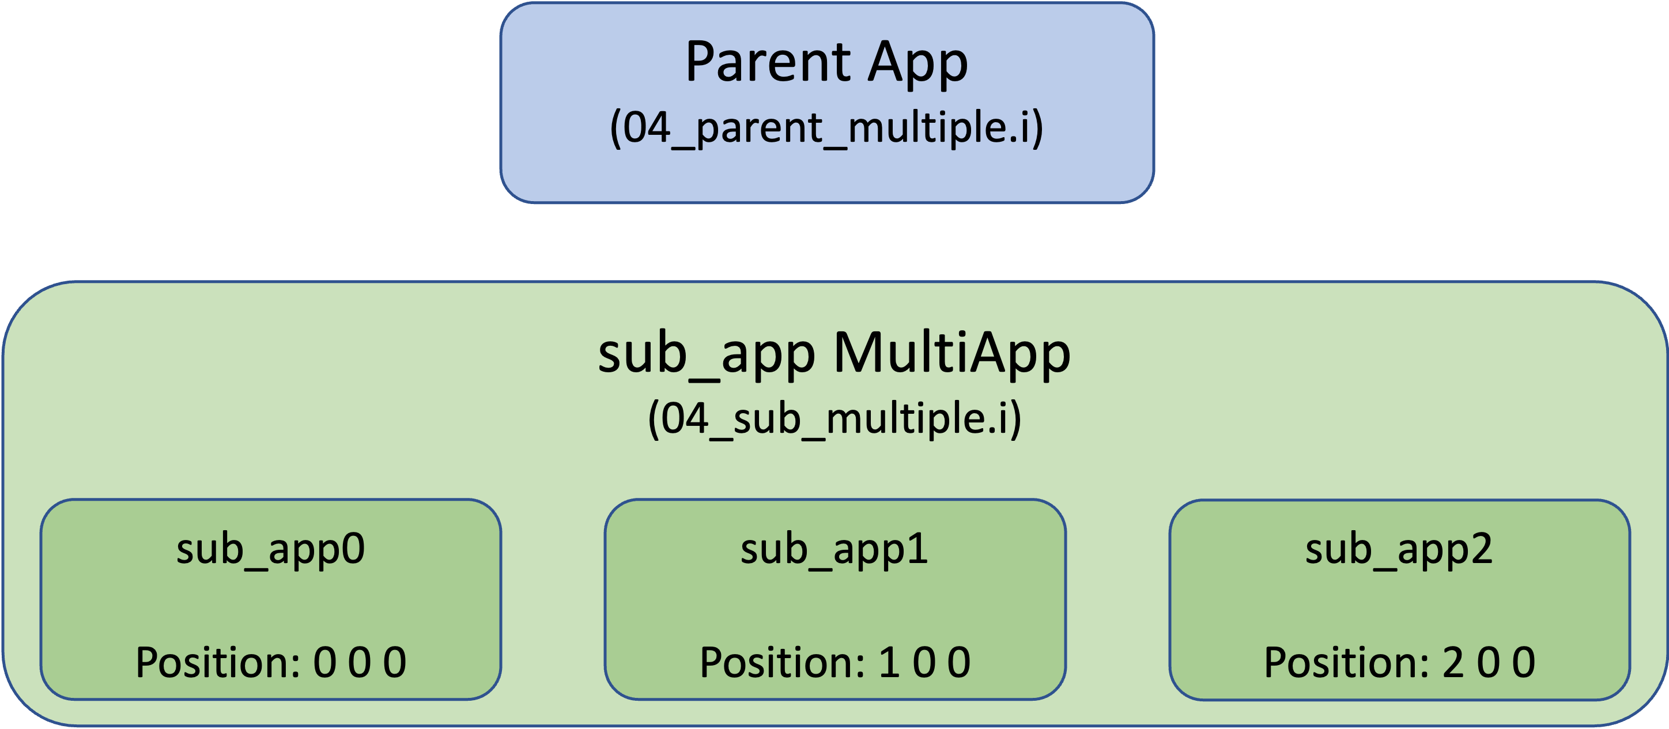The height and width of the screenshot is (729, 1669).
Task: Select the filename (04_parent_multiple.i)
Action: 827,128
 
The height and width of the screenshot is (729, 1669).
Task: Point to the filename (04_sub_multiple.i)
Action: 834,418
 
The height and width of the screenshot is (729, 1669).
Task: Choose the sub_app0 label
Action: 271,550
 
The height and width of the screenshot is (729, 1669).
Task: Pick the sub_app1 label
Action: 834,550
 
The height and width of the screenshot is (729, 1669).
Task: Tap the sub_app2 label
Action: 1399,550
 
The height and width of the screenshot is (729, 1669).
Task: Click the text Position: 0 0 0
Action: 271,662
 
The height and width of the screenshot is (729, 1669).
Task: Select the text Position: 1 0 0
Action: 835,662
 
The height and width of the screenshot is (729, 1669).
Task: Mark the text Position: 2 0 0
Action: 1399,662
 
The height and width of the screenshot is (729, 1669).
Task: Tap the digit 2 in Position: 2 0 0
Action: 1453,662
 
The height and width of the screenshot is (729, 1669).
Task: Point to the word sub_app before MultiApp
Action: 706,355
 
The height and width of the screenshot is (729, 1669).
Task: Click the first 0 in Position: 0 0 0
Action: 324,662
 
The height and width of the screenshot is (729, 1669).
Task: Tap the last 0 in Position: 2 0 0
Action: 1523,662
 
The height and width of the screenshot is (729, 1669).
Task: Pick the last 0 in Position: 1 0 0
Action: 959,662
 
